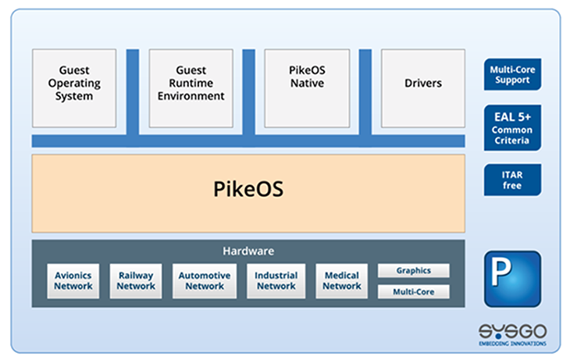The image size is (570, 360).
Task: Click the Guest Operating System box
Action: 74,87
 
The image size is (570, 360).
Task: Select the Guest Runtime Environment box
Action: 191,87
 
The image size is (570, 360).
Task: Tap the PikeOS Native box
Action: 307,87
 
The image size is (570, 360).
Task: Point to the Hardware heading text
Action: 248,251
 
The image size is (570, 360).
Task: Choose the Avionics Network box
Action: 73,280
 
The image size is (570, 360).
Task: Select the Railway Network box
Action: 136,280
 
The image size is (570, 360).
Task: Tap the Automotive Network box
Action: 205,280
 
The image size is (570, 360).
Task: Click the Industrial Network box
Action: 276,280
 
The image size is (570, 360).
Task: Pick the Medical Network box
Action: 341,280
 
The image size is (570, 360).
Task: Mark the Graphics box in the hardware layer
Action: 414,271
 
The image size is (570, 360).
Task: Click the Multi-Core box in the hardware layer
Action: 414,291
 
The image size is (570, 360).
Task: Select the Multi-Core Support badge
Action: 511,75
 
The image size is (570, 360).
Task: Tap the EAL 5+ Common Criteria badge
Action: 511,127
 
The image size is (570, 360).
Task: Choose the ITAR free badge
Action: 511,180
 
